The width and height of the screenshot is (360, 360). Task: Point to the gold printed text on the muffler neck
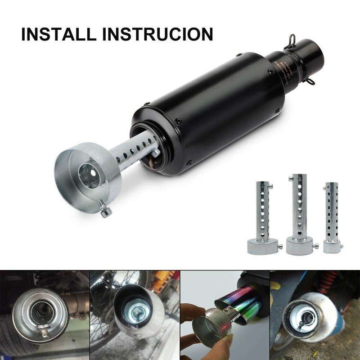click(x=285, y=67)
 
